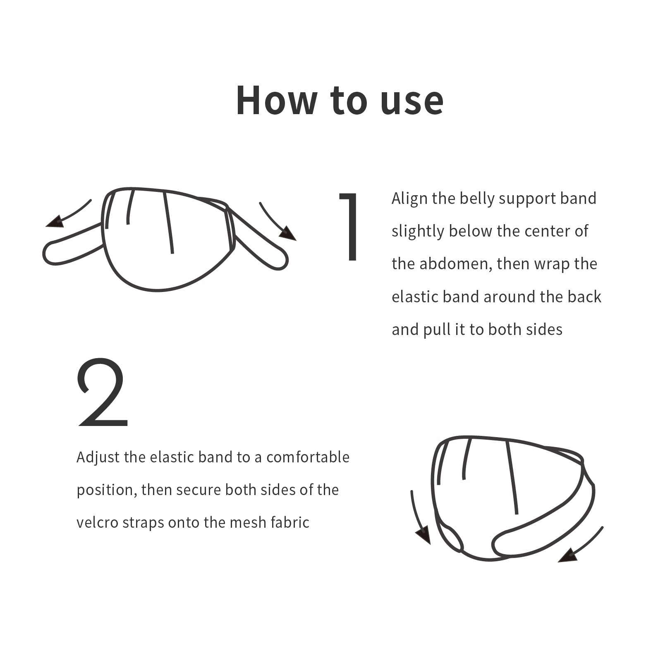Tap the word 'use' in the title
(412, 103)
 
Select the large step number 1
(349, 227)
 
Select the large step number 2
(102, 392)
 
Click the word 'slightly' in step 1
(417, 232)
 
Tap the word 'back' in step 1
(584, 297)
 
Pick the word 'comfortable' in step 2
(308, 457)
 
